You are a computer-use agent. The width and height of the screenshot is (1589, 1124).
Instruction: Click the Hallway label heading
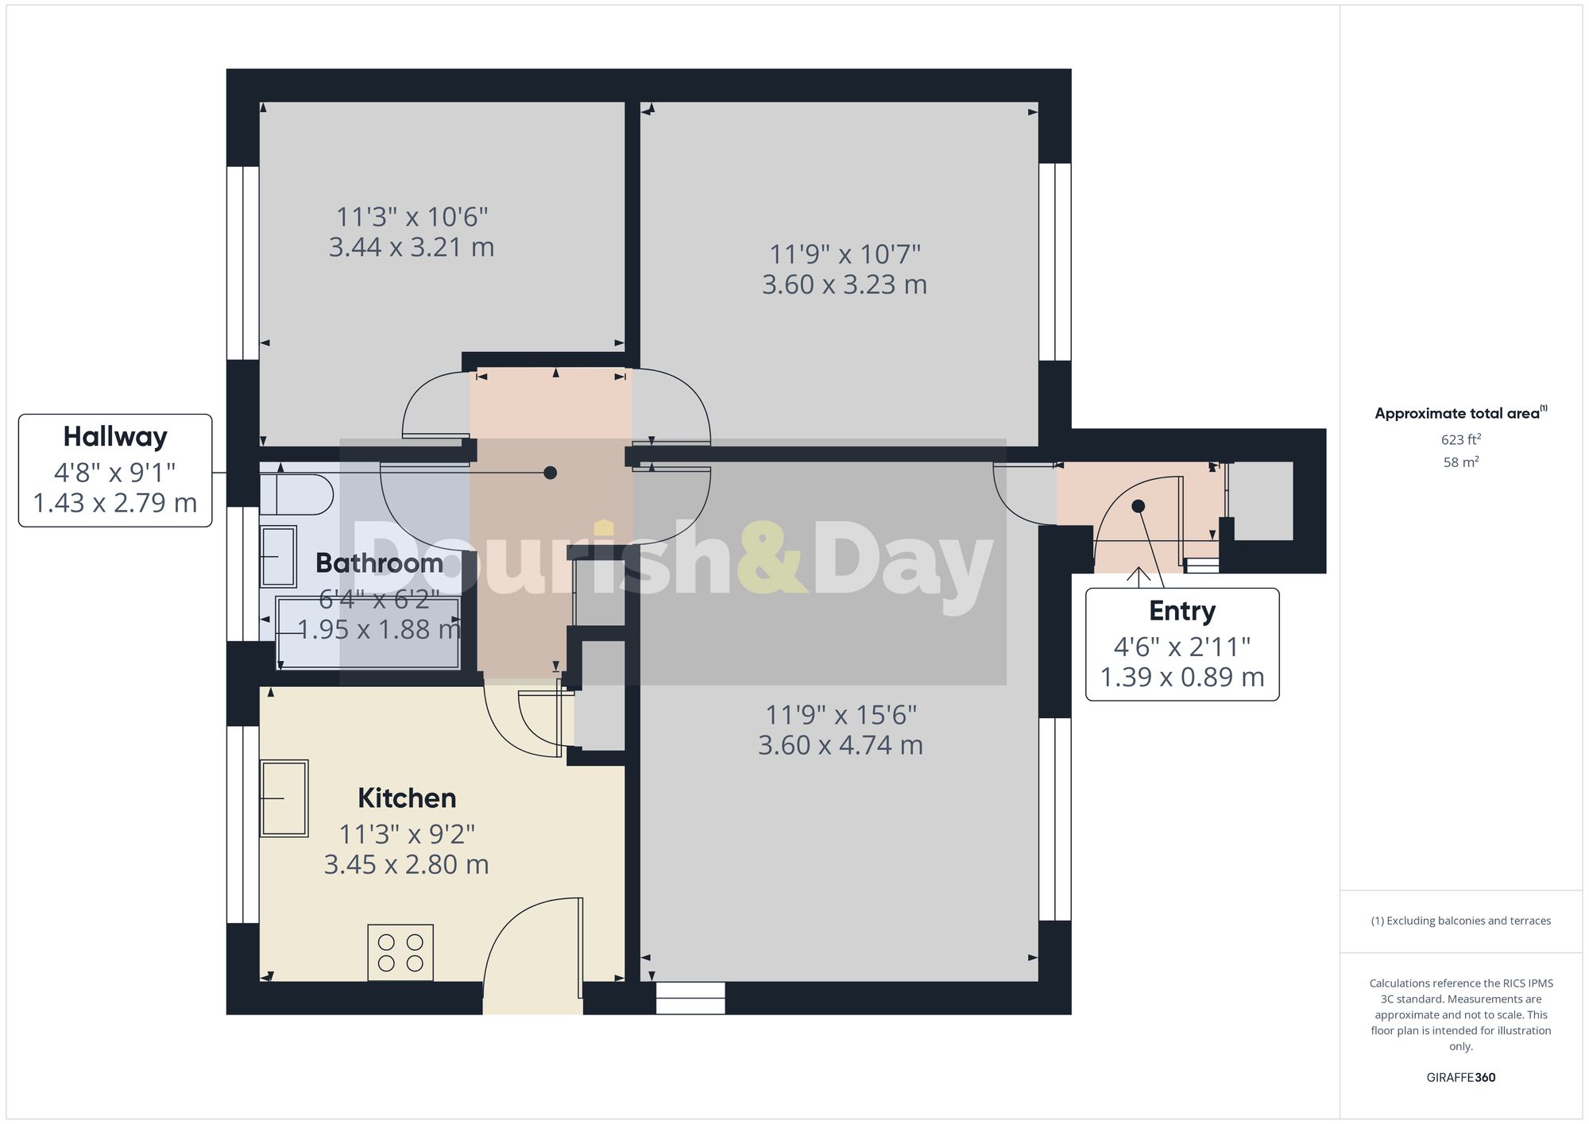115,437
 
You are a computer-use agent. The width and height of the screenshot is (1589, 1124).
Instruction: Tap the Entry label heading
1182,611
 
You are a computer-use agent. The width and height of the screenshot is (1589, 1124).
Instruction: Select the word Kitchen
407,798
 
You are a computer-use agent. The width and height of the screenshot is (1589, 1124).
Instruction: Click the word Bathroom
380,563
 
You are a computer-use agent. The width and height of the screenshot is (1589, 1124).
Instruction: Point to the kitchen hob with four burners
400,952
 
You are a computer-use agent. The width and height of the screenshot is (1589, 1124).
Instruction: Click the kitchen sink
284,798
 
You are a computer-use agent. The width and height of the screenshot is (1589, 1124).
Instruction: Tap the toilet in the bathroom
296,495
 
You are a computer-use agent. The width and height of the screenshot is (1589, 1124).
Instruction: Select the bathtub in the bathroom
368,633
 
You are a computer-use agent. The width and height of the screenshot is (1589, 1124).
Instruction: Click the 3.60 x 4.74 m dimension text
841,745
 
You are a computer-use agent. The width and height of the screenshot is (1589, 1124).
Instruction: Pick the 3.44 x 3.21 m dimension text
412,247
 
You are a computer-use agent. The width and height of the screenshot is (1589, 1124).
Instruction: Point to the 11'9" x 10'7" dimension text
845,254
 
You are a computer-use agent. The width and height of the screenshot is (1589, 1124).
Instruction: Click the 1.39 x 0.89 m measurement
1182,677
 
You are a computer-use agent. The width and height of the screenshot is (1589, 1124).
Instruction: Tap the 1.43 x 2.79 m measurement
115,503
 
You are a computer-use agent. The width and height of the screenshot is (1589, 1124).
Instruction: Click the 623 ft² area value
1460,439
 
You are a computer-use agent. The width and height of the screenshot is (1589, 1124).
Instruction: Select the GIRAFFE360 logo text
1460,1077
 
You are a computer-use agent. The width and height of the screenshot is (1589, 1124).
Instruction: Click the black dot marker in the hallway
550,473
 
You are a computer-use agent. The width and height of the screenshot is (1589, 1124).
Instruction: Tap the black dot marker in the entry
1138,506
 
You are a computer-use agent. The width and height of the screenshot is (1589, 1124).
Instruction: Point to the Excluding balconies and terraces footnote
1460,921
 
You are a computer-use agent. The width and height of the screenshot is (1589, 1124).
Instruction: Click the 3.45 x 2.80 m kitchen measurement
406,864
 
